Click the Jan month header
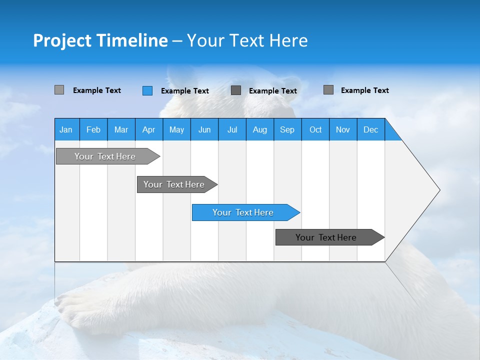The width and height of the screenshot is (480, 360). pyautogui.click(x=66, y=129)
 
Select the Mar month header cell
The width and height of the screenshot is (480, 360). pyautogui.click(x=121, y=129)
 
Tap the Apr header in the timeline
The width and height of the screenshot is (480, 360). pyautogui.click(x=148, y=129)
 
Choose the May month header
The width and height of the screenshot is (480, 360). pyautogui.click(x=176, y=129)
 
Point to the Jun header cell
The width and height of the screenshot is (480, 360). pyautogui.click(x=204, y=129)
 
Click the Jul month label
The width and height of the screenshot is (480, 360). pyautogui.click(x=232, y=129)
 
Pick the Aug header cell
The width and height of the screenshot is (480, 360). pyautogui.click(x=260, y=129)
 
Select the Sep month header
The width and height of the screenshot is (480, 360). pyautogui.click(x=287, y=129)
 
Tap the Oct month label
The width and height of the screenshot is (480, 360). pyautogui.click(x=315, y=129)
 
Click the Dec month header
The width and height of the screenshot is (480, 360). pyautogui.click(x=371, y=129)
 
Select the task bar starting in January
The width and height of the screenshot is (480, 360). pyautogui.click(x=105, y=156)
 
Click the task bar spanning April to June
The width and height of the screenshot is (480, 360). pyautogui.click(x=174, y=184)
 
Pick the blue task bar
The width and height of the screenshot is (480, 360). pyautogui.click(x=243, y=212)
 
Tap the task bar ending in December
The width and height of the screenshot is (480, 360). pyautogui.click(x=326, y=237)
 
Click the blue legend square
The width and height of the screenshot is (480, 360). pyautogui.click(x=147, y=90)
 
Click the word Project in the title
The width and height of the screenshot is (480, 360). pyautogui.click(x=62, y=40)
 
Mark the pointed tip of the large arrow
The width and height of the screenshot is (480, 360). pyautogui.click(x=439, y=190)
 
